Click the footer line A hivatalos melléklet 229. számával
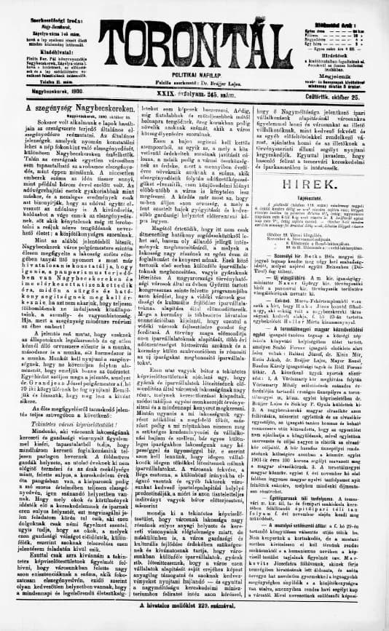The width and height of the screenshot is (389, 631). (x=194, y=624)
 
